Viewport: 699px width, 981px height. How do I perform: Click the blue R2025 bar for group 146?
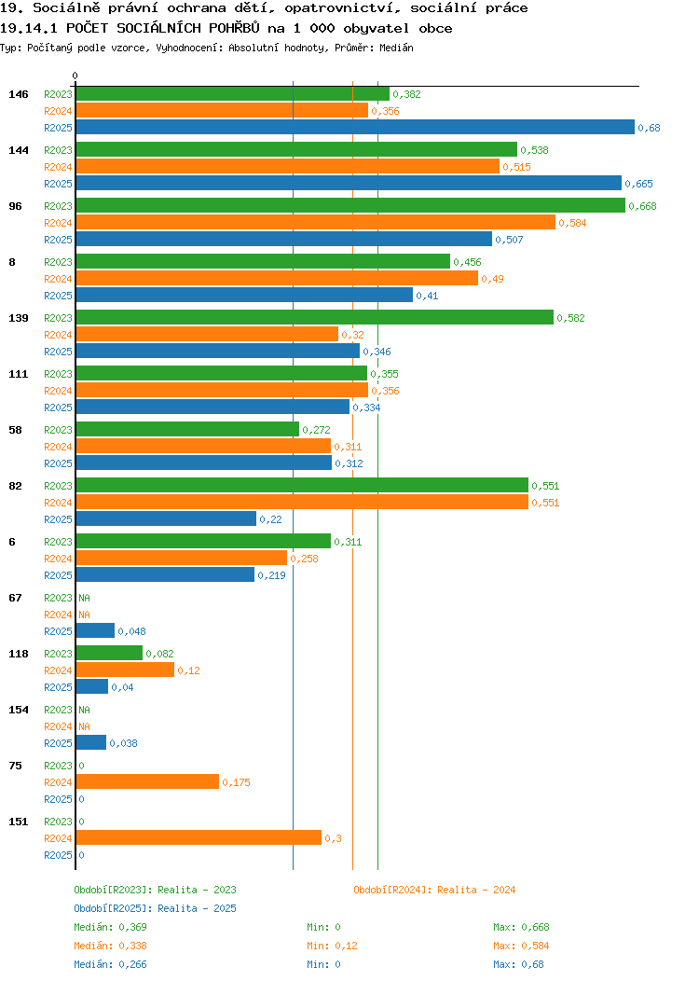click(x=355, y=127)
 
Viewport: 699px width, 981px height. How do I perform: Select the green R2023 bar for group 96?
click(x=350, y=205)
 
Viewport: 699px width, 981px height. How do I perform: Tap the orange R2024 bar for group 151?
click(x=199, y=837)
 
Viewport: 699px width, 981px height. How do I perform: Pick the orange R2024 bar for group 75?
click(x=147, y=781)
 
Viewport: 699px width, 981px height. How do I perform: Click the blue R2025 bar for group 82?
click(x=166, y=518)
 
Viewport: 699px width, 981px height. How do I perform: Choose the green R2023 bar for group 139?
click(x=315, y=317)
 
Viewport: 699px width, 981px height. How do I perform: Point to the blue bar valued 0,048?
click(x=96, y=630)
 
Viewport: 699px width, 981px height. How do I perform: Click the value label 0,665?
click(x=639, y=184)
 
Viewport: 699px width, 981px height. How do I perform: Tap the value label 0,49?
click(x=492, y=279)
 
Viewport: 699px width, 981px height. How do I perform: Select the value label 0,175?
click(x=237, y=782)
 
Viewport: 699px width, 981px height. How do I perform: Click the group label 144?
click(x=19, y=150)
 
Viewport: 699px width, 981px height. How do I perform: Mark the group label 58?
click(x=16, y=430)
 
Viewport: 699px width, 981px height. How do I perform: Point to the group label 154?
click(x=19, y=710)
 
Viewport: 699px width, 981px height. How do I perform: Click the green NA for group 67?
click(x=85, y=598)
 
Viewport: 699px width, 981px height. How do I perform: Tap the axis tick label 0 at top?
click(x=75, y=76)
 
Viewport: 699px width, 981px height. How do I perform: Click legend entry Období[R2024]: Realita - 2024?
click(x=434, y=890)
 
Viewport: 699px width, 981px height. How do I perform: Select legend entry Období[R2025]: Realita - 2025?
click(x=155, y=908)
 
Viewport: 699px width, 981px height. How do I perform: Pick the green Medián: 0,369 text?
click(x=110, y=927)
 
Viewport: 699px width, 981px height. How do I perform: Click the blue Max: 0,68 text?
click(x=518, y=965)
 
